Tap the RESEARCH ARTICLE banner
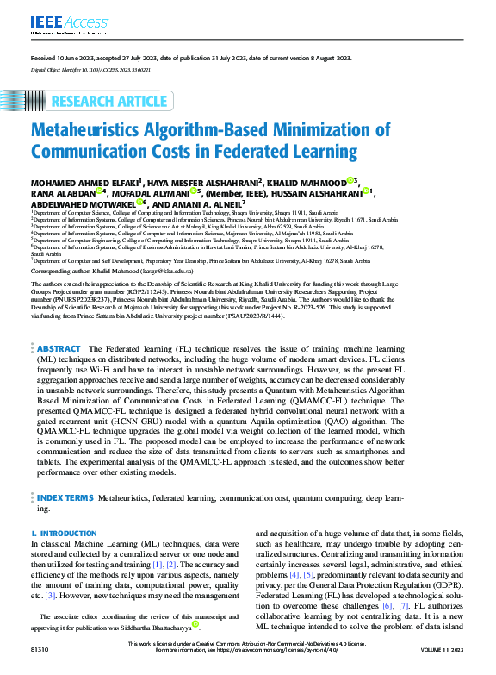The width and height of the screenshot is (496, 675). pyautogui.click(x=108, y=102)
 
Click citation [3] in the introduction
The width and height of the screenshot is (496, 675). pyautogui.click(x=51, y=595)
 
